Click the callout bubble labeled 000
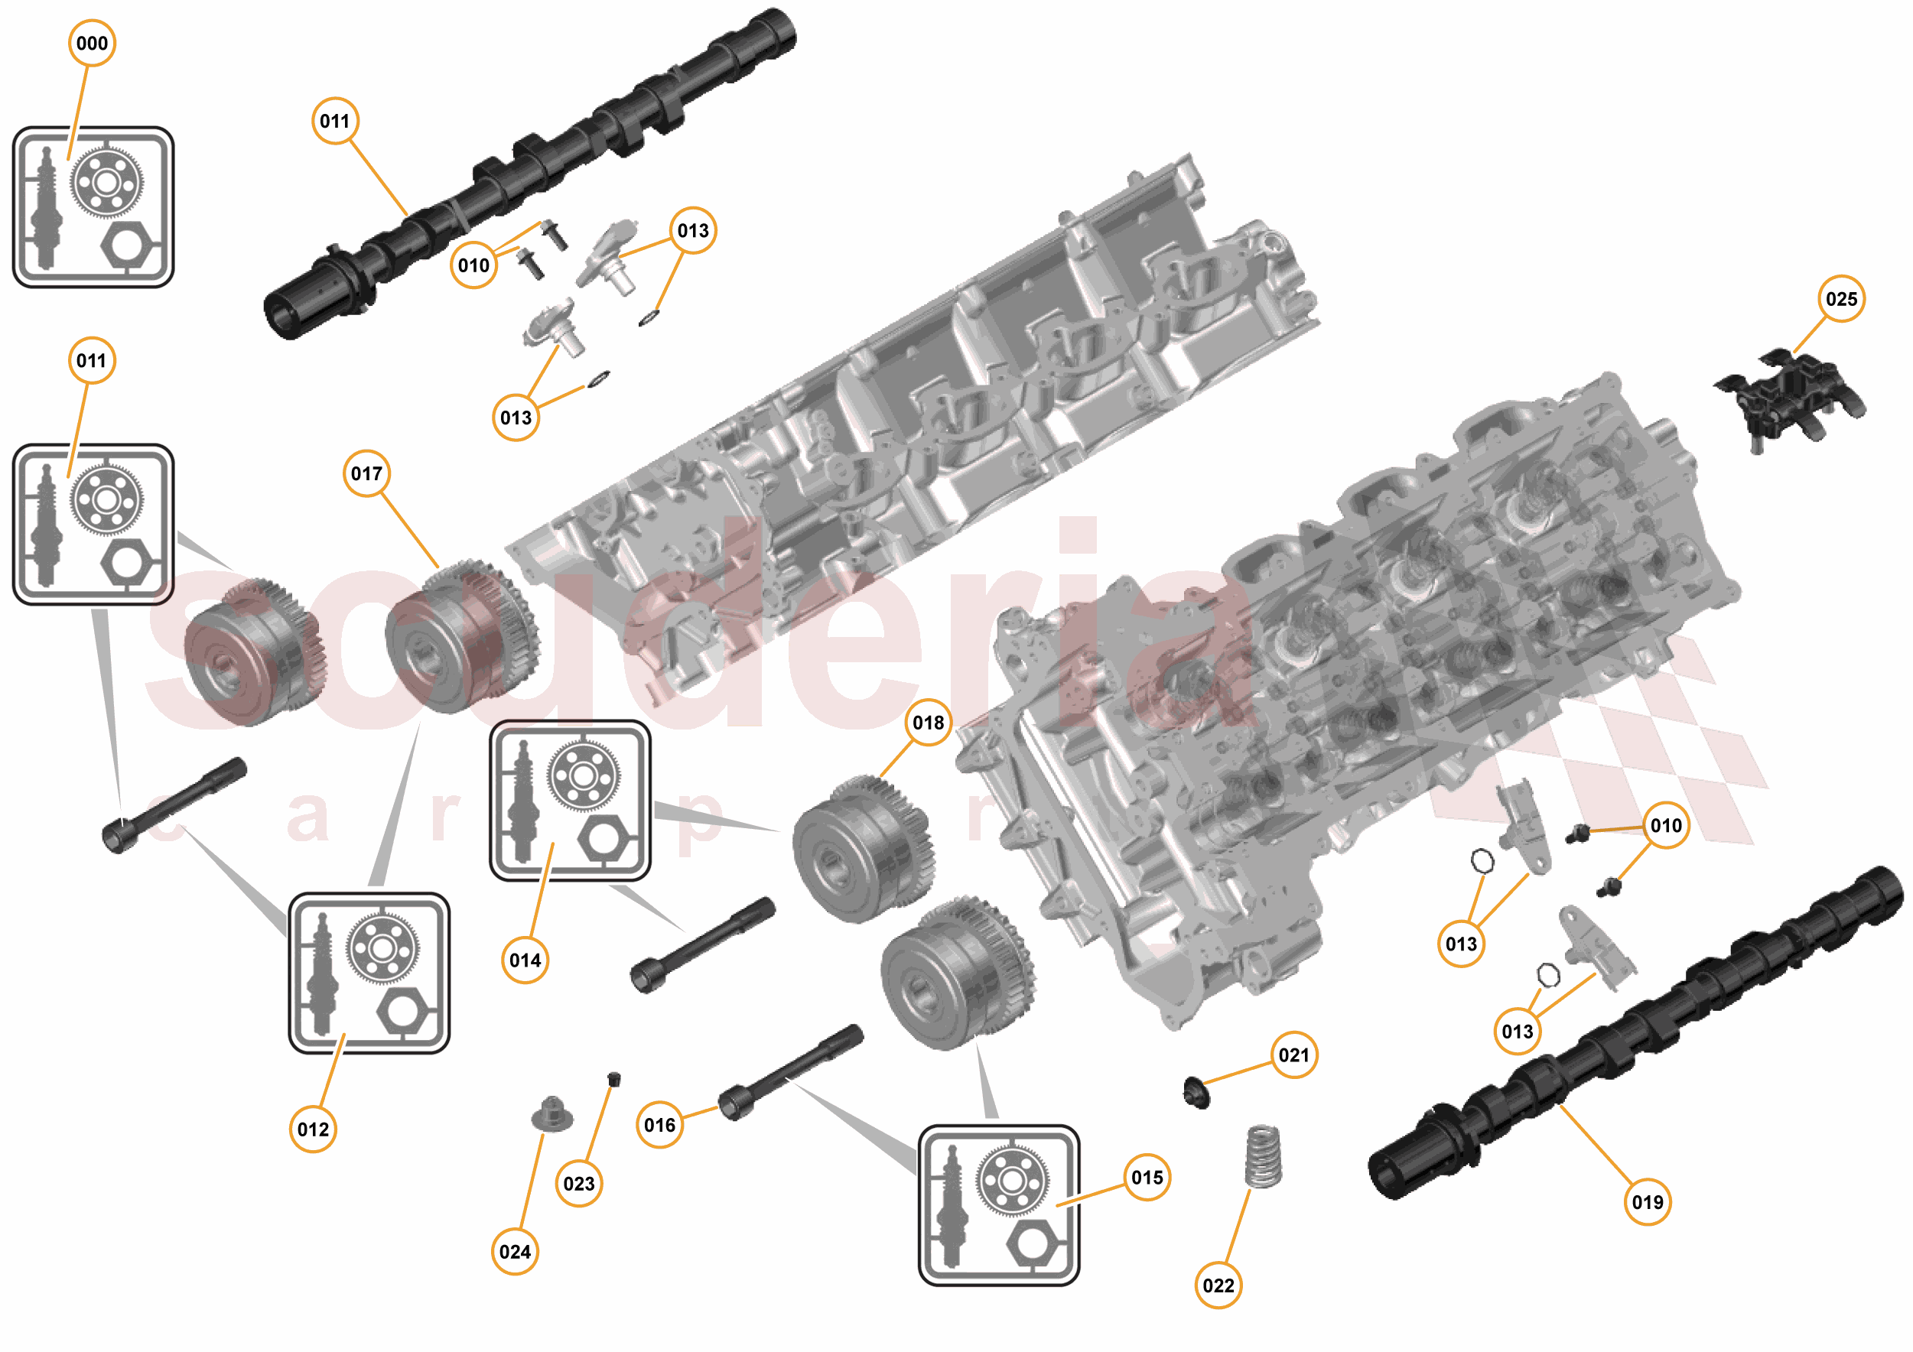pos(92,44)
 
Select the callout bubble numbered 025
pos(1841,299)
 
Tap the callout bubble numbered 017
pos(366,474)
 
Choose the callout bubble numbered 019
pos(1648,1202)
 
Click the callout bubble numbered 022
pos(1218,1285)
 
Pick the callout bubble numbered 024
pos(515,1252)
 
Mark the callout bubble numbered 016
pos(660,1126)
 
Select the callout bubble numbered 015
pos(1147,1178)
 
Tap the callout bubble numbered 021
pos(1294,1055)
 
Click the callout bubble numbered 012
pos(314,1129)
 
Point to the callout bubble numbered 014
pos(525,960)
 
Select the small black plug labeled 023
pos(614,1080)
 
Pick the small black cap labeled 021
pos(1196,1092)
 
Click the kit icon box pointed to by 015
pos(998,1204)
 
